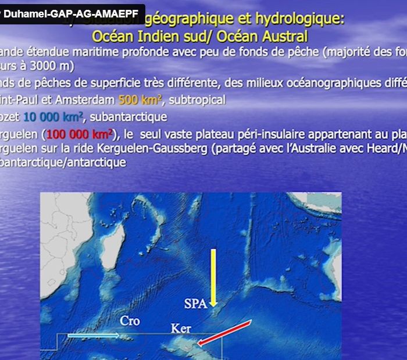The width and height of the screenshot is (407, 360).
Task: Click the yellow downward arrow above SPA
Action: pyautogui.click(x=213, y=277)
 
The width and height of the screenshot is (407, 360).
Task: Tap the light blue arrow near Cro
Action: pyautogui.click(x=93, y=336)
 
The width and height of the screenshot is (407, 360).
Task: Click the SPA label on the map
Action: pyautogui.click(x=195, y=304)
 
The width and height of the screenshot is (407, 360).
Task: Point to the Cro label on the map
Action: pyautogui.click(x=130, y=320)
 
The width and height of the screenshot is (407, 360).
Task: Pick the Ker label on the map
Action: pyautogui.click(x=181, y=329)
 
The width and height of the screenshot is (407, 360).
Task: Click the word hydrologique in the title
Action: pyautogui.click(x=302, y=18)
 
